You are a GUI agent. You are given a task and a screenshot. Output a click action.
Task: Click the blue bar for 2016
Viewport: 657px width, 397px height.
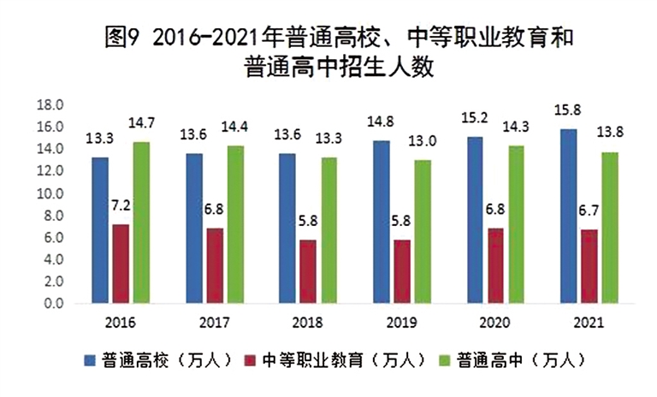coord(101,230)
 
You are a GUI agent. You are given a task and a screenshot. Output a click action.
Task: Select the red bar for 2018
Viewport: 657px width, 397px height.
coord(306,271)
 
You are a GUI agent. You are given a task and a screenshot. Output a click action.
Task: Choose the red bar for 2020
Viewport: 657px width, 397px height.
coord(494,265)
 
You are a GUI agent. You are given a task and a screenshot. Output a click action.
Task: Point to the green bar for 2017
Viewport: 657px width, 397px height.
coord(234,224)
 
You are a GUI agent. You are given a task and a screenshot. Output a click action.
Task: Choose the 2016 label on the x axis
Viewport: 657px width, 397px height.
coord(121,323)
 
